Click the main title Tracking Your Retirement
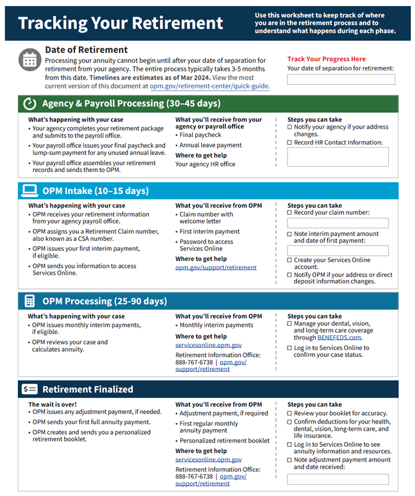121,23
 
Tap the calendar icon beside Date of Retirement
30,59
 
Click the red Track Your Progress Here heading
326,59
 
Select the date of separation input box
341,80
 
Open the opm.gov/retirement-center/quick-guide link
209,86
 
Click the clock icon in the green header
30,104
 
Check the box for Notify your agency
290,127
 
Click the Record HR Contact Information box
338,157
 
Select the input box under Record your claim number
338,223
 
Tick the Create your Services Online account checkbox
290,260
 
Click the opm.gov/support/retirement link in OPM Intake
216,268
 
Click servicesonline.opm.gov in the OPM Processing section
208,345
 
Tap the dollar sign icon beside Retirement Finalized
30,389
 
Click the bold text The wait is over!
52,404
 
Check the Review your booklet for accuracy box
290,413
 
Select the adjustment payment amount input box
338,479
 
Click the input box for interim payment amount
338,250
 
